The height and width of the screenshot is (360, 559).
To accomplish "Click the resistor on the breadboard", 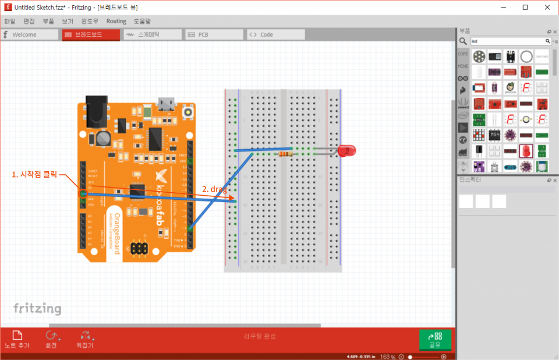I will pyautogui.click(x=286, y=154).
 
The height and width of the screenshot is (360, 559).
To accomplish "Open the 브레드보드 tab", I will pyautogui.click(x=90, y=34).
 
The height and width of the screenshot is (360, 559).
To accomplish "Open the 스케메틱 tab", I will pyautogui.click(x=153, y=34).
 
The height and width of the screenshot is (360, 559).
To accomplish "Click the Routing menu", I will pyautogui.click(x=116, y=21).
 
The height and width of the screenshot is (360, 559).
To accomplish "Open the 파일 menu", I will pyautogui.click(x=10, y=21).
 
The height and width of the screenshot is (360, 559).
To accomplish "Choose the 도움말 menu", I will pyautogui.click(x=142, y=21).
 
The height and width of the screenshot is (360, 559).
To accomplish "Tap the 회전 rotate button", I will pyautogui.click(x=51, y=338).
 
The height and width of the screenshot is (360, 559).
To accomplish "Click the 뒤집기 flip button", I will pyautogui.click(x=85, y=338).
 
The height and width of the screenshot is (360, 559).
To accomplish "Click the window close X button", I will pyautogui.click(x=546, y=7).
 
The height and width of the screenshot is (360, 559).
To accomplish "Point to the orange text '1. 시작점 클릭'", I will pyautogui.click(x=34, y=174).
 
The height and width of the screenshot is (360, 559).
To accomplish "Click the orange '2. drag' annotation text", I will pyautogui.click(x=214, y=189).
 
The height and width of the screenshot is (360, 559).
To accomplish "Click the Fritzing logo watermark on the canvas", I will pyautogui.click(x=37, y=308).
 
